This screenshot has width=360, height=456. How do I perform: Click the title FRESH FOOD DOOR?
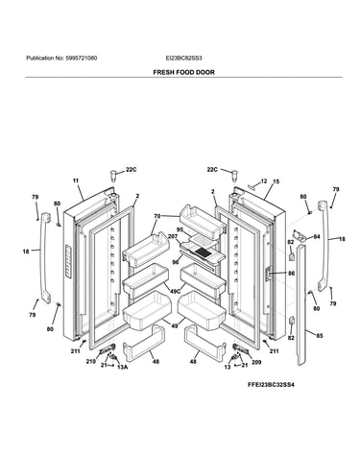pyautogui.click(x=183, y=72)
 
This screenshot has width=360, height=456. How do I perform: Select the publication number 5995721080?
pyautogui.click(x=82, y=59)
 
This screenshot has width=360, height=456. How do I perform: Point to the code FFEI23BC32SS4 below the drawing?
pyautogui.click(x=271, y=384)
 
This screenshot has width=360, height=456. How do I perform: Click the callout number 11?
pyautogui.click(x=76, y=180)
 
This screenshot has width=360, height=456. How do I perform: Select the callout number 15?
pyautogui.click(x=276, y=181)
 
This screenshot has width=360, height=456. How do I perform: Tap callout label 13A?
pyautogui.click(x=122, y=367)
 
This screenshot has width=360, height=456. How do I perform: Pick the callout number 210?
pyautogui.click(x=91, y=362)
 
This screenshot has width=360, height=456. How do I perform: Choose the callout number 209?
pyautogui.click(x=256, y=362)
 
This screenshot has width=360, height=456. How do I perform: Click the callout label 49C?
pyautogui.click(x=175, y=291)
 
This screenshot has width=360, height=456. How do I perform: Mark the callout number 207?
pyautogui.click(x=173, y=236)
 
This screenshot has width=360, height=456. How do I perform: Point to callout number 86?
pyautogui.click(x=291, y=274)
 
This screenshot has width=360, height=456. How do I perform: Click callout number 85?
pyautogui.click(x=320, y=336)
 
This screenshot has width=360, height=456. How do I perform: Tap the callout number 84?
pyautogui.click(x=317, y=237)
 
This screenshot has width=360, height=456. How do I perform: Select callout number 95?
pyautogui.click(x=180, y=229)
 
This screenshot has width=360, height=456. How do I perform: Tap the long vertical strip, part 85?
pyautogui.click(x=301, y=305)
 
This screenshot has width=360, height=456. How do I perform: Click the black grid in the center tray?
pyautogui.click(x=203, y=252)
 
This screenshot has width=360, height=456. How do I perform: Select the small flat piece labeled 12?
pyautogui.click(x=252, y=186)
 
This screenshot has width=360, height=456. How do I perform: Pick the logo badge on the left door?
pyautogui.click(x=68, y=261)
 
